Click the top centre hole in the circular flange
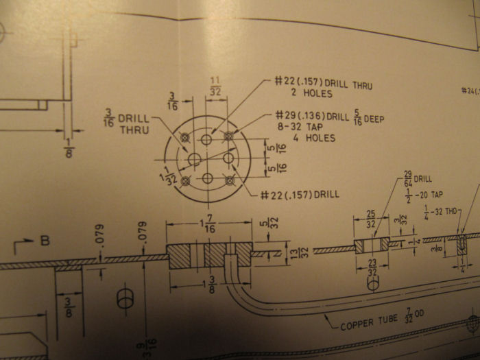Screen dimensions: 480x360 click(208, 140)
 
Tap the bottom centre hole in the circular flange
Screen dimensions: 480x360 click(208, 178)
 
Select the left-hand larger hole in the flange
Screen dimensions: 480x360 click(194, 160)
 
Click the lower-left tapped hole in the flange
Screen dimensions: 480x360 click(185, 182)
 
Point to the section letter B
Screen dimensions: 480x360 click(45, 241)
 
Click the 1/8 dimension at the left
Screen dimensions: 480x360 click(68, 147)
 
